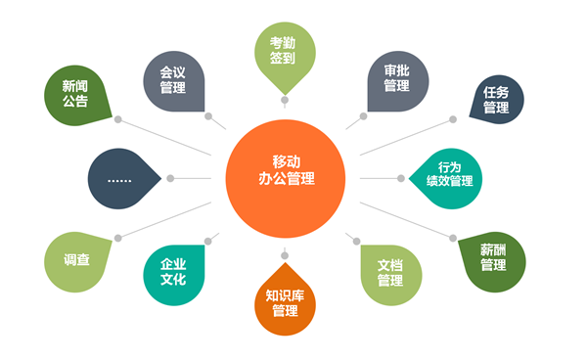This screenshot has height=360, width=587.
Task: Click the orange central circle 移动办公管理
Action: pyautogui.click(x=286, y=178)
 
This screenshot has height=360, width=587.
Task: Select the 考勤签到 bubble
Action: pyautogui.click(x=285, y=54)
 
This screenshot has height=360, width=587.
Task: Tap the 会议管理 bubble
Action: pyautogui.click(x=174, y=81)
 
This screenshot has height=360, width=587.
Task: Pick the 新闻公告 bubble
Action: pyautogui.click(x=76, y=96)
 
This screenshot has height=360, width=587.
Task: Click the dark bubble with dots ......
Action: pyautogui.click(x=121, y=178)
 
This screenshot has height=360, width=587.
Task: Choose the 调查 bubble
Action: pyautogui.click(x=76, y=261)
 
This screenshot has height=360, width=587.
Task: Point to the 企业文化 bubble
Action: pyautogui.click(x=174, y=275)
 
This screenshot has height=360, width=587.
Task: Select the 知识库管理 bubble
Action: pyautogui.click(x=285, y=301)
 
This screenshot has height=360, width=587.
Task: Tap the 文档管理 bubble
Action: pyautogui.click(x=391, y=275)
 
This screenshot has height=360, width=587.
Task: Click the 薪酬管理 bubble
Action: pyautogui.click(x=493, y=261)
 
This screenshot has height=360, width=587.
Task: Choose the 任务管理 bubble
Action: pyautogui.click(x=497, y=99)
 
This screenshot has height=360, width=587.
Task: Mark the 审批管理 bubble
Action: pyautogui.click(x=398, y=81)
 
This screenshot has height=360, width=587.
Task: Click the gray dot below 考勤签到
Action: pyautogui.click(x=285, y=100)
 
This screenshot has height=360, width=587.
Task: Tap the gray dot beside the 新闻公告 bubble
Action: pyautogui.click(x=118, y=119)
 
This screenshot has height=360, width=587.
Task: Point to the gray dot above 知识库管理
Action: pyautogui.click(x=285, y=255)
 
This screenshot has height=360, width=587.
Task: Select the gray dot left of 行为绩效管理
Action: pyautogui.click(x=401, y=178)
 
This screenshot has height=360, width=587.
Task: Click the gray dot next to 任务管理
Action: pyautogui.click(x=453, y=119)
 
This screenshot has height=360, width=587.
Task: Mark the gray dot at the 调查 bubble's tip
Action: pyautogui.click(x=118, y=238)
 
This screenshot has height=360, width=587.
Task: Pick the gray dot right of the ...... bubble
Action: pyautogui.click(x=170, y=178)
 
